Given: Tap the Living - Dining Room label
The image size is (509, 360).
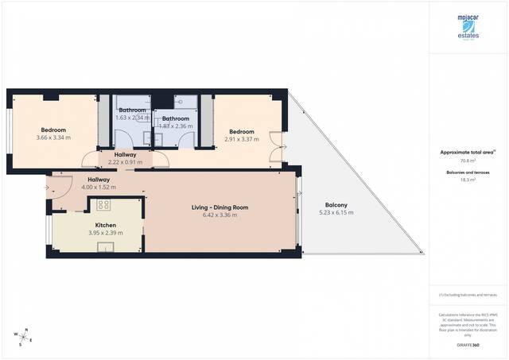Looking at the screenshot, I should point(220,207).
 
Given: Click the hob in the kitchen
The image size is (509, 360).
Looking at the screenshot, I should point(103,205).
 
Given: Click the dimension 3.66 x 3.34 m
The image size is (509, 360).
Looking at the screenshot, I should point(53,137).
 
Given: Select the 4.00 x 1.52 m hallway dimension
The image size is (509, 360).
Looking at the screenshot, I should point(99,188).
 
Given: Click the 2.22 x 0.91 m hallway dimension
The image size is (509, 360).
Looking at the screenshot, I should point(126,162).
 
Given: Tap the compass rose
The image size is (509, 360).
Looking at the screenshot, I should point(25,336).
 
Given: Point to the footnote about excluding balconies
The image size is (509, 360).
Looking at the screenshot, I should point(467,295).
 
